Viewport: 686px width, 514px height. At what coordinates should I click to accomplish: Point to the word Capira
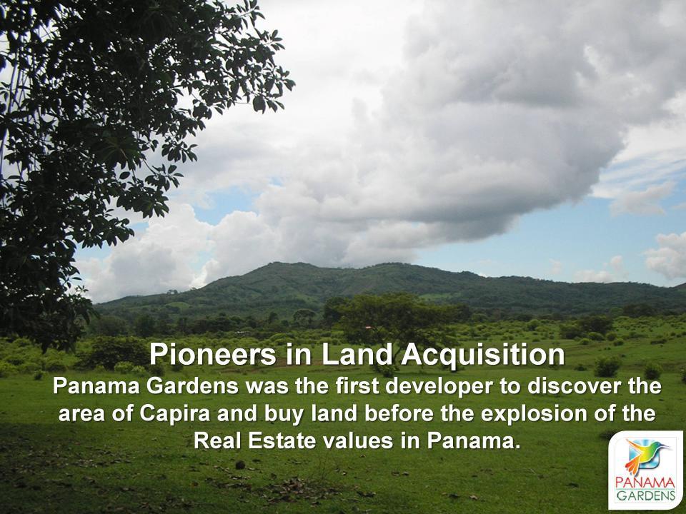coord(175,414)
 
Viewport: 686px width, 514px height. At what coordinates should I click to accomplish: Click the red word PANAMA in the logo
coord(645,483)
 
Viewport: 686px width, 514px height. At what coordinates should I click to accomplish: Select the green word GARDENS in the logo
coord(646,495)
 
